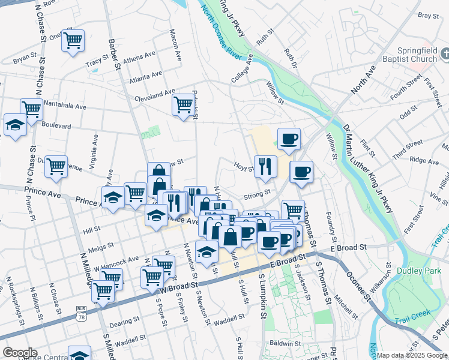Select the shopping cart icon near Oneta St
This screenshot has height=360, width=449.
pyautogui.click(x=73, y=40)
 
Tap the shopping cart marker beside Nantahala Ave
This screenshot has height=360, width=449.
pyautogui.click(x=31, y=109)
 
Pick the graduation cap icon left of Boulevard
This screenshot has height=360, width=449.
pyautogui.click(x=14, y=125)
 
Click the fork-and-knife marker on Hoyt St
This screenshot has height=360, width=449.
pyautogui.click(x=265, y=166)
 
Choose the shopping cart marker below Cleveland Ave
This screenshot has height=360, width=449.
pyautogui.click(x=183, y=104)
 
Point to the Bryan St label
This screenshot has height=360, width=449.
pyautogui.click(x=25, y=59)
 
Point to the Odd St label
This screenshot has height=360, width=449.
pyautogui.click(x=408, y=112)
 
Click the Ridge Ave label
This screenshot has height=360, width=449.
pyautogui.click(x=424, y=160)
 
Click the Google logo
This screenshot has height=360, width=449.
pyautogui.click(x=20, y=353)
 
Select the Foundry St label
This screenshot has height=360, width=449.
pyautogui.click(x=328, y=223)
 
